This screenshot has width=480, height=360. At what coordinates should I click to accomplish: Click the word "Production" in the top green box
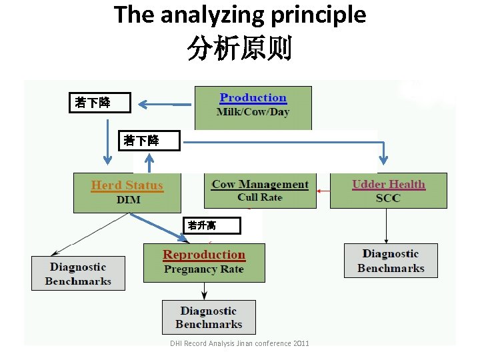[253, 98]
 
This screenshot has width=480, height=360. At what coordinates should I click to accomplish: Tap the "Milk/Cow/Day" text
[253, 112]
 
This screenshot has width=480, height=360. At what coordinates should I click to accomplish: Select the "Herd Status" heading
[127, 185]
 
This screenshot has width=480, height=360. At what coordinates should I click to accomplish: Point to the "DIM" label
[129, 199]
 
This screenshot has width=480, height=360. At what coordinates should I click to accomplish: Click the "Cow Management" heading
[260, 184]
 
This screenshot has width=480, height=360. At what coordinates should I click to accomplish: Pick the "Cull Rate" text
[260, 197]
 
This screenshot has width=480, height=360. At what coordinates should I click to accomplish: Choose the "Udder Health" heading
[388, 184]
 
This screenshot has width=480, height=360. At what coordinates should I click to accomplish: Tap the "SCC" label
[388, 198]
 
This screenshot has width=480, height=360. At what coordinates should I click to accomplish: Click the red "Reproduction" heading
[204, 255]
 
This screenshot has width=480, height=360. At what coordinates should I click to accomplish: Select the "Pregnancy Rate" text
[204, 269]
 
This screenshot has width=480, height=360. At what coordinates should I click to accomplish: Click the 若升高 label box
[211, 226]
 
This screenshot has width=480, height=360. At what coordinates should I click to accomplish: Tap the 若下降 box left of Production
[102, 103]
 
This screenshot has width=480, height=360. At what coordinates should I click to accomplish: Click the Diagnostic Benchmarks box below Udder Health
[391, 261]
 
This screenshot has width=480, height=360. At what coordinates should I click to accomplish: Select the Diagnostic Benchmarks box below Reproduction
[209, 317]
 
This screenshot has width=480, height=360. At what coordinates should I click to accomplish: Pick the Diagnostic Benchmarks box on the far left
[78, 273]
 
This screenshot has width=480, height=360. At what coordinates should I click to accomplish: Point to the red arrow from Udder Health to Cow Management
[323, 191]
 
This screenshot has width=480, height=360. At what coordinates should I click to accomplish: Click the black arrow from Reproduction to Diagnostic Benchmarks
[204, 291]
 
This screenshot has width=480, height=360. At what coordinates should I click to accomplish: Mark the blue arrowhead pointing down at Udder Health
[384, 160]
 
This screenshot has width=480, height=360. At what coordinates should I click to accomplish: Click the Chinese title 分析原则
[239, 49]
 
